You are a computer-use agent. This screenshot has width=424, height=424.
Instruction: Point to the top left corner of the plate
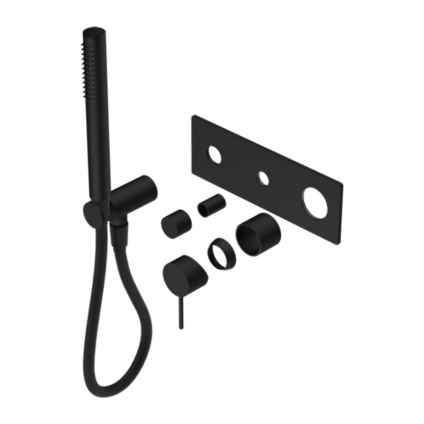193,116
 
